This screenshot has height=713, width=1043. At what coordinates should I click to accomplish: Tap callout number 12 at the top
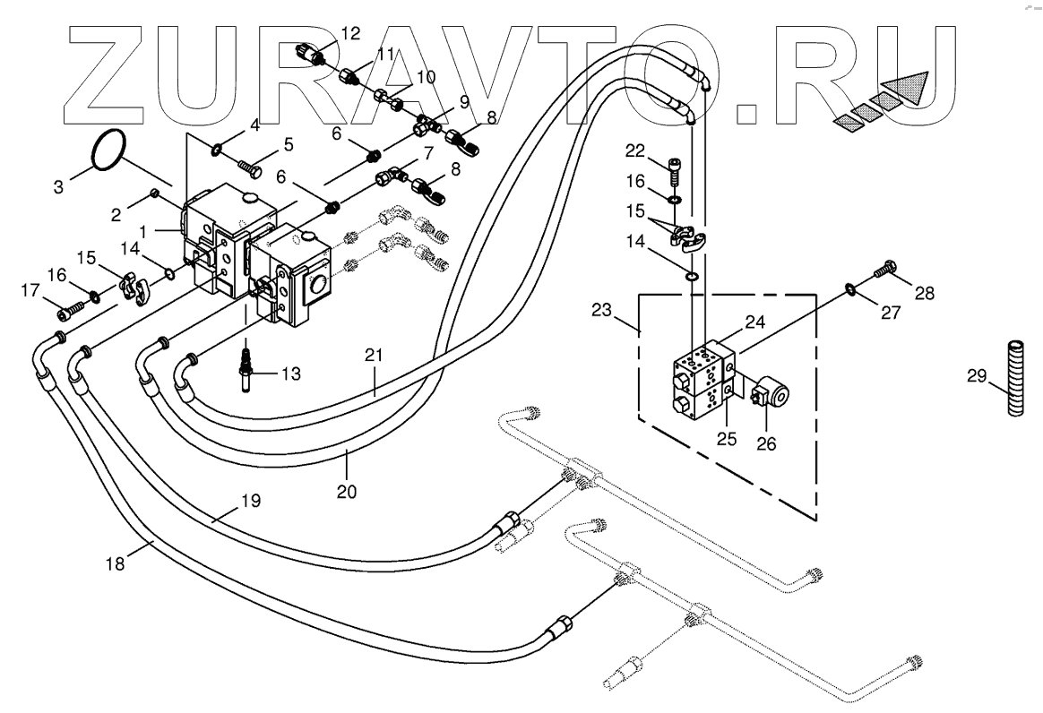(350, 34)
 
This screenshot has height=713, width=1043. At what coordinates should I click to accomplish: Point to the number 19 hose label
(250, 501)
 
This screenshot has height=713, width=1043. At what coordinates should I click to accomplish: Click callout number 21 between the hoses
(374, 356)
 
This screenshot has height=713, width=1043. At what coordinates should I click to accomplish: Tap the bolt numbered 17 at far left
(67, 313)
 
